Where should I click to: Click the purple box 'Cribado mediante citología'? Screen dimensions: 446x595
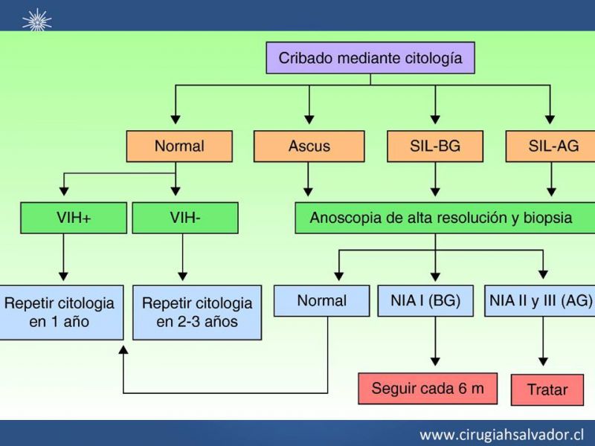click(370, 57)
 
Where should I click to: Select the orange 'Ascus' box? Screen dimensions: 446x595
click(309, 146)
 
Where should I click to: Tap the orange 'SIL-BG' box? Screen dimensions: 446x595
click(435, 146)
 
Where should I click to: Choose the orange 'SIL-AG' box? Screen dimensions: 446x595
click(550, 146)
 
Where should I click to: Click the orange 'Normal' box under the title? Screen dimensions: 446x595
click(178, 146)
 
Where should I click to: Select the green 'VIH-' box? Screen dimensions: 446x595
click(184, 218)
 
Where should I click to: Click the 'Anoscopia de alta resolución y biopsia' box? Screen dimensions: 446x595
click(440, 218)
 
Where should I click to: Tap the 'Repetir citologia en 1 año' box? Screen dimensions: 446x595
click(60, 312)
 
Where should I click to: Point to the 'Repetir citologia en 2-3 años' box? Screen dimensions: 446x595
click(197, 312)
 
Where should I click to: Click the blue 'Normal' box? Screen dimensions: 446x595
click(321, 301)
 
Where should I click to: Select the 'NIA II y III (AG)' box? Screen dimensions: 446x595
click(540, 301)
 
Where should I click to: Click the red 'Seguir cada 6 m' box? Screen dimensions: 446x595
click(427, 388)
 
